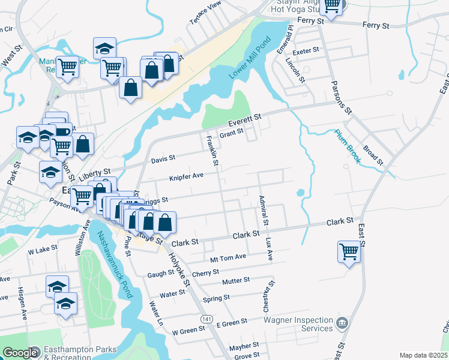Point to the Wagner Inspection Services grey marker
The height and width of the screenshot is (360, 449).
(x=342, y=323)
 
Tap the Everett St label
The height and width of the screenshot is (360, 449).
(x=246, y=119)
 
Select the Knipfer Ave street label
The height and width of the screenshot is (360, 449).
(x=187, y=176)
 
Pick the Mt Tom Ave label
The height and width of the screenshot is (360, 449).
(x=228, y=257)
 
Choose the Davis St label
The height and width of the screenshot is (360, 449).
(x=163, y=158)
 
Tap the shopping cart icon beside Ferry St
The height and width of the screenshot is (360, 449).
(x=331, y=6)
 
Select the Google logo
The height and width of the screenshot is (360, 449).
(x=20, y=353)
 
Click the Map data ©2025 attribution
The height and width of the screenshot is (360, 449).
(x=423, y=355)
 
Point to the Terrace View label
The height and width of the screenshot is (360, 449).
(x=205, y=13)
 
